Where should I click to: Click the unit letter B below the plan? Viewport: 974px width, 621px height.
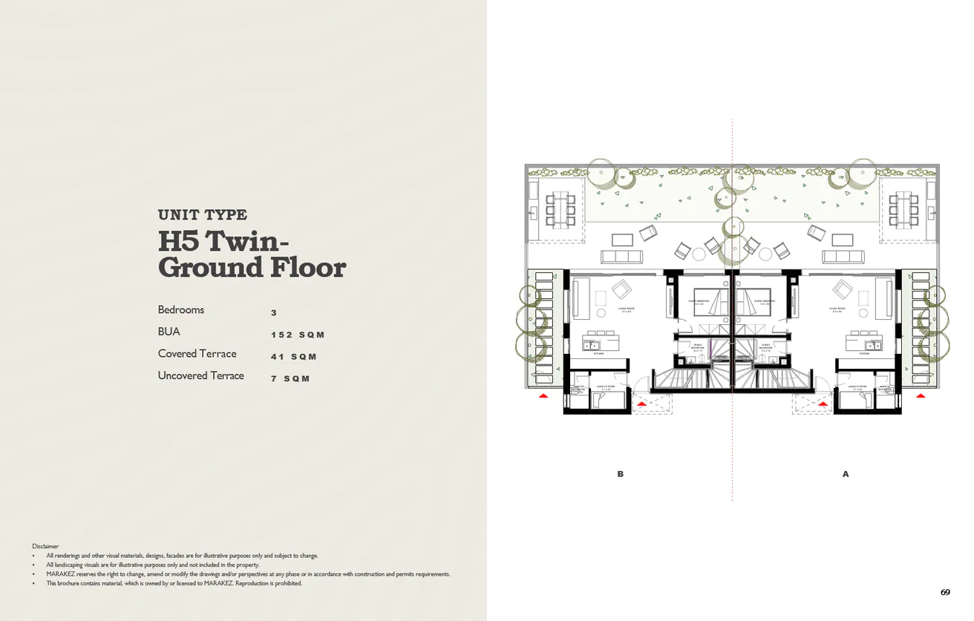click(621, 474)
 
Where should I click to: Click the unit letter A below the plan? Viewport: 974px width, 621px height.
click(846, 474)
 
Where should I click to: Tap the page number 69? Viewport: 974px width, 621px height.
click(944, 592)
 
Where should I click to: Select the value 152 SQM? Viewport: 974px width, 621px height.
click(298, 335)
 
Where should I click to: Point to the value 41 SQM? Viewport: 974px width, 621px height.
click(293, 357)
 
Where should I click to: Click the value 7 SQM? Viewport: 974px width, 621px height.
click(290, 378)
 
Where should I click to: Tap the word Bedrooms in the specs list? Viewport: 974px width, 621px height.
click(180, 309)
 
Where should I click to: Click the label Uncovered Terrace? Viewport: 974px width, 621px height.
click(200, 375)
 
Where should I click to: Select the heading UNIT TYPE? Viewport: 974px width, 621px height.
click(203, 214)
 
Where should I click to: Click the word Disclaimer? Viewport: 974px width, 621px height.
click(45, 546)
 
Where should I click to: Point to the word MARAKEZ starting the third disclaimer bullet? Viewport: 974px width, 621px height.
click(60, 574)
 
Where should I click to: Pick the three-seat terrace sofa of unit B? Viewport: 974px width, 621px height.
click(621, 256)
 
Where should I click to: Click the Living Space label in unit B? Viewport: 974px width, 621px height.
click(626, 310)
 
